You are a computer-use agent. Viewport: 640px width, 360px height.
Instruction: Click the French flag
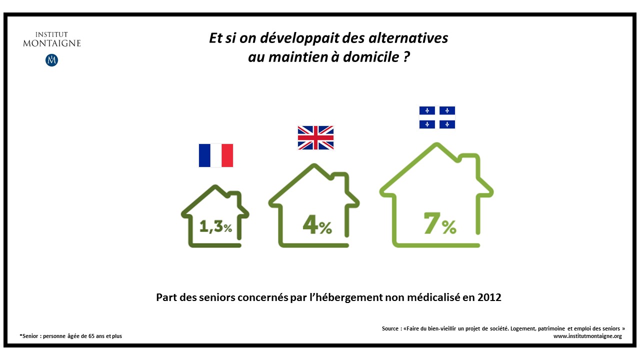click(x=215, y=155)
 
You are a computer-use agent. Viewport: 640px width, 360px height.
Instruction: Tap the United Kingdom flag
click(x=315, y=137)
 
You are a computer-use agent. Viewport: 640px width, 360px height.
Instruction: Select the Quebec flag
click(x=437, y=117)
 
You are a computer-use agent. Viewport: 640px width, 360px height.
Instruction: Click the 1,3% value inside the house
click(x=215, y=227)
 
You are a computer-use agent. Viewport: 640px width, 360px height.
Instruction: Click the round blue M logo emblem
click(x=51, y=60)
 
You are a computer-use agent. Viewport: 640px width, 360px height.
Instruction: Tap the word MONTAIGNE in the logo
click(x=51, y=43)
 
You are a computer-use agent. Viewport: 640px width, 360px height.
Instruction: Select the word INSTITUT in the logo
click(x=51, y=34)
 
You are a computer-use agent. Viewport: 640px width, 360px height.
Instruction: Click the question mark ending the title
click(x=406, y=57)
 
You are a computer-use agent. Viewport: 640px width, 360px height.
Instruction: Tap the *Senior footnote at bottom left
click(x=29, y=336)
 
